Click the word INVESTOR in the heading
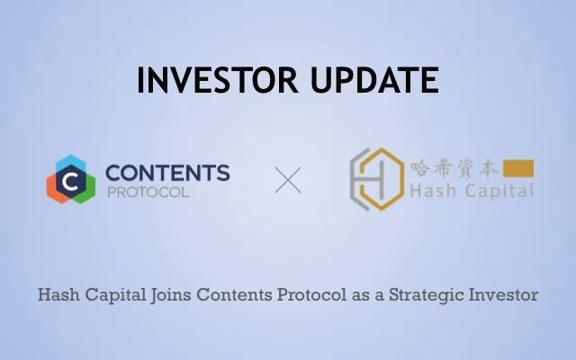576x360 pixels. pyautogui.click(x=217, y=80)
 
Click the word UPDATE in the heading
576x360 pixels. pyautogui.click(x=374, y=80)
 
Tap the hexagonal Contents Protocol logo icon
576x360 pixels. pyautogui.click(x=71, y=179)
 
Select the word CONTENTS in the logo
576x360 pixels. pyautogui.click(x=167, y=173)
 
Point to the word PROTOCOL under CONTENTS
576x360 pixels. pyautogui.click(x=148, y=192)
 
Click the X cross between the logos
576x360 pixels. pyautogui.click(x=288, y=180)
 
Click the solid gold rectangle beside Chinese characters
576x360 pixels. pyautogui.click(x=518, y=168)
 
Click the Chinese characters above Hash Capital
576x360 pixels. pyautogui.click(x=454, y=168)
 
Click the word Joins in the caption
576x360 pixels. pyautogui.click(x=170, y=295)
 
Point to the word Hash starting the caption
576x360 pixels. pyautogui.click(x=58, y=294)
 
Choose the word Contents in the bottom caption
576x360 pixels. pyautogui.click(x=234, y=294)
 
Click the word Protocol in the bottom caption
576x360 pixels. pyautogui.click(x=312, y=294)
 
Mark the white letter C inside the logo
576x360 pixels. pyautogui.click(x=70, y=181)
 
